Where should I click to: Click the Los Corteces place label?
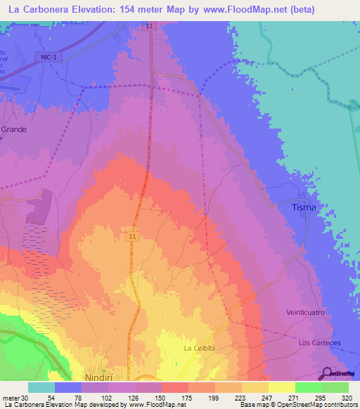coord(319,343)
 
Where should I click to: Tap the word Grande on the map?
coord(13,130)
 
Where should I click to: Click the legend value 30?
coord(25,397)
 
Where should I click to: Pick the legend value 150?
coord(161,397)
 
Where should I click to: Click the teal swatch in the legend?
coord(41,387)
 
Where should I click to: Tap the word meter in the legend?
coord(10,397)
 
